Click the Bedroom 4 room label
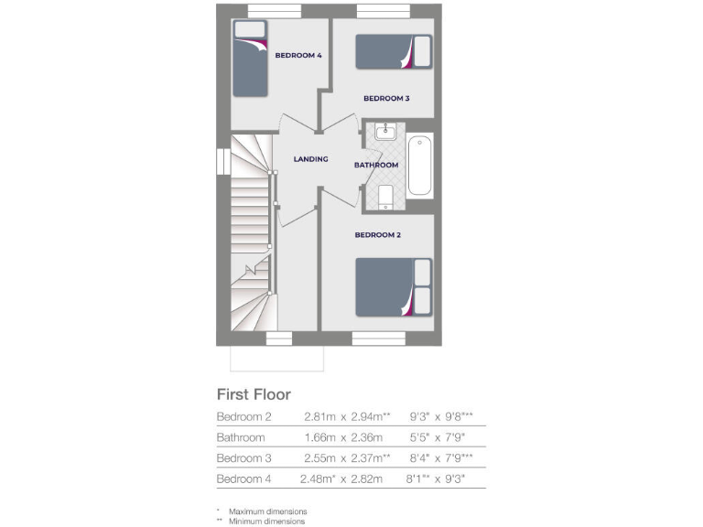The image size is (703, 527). click(298, 56)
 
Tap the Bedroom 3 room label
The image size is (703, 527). click(386, 98)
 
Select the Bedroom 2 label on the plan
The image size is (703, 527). click(378, 235)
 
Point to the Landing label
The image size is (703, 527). click(310, 159)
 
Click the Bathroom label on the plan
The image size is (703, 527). click(376, 165)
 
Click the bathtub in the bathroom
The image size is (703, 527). click(419, 166)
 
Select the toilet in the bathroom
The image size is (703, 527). click(385, 196)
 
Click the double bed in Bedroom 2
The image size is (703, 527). click(393, 286)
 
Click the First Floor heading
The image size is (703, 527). click(254, 394)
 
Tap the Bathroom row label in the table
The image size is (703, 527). click(241, 437)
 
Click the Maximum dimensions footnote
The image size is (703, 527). click(266, 511)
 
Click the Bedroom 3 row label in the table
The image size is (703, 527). click(245, 458)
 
